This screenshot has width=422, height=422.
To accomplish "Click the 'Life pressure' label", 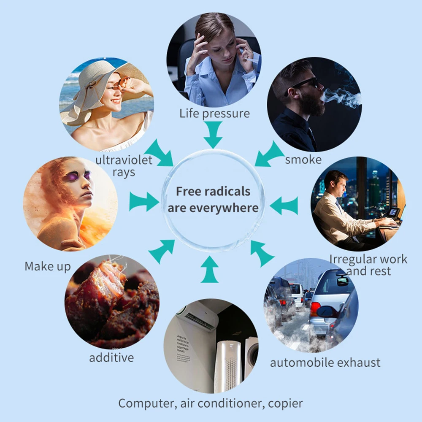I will click(214, 113).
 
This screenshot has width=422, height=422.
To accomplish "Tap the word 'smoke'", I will click(303, 160).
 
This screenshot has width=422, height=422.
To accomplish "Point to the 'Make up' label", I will click(48, 267).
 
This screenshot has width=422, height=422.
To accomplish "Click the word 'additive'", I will click(111, 358).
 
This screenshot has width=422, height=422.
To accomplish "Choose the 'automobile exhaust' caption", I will click(325, 362).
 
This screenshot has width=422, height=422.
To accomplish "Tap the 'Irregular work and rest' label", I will click(368, 265).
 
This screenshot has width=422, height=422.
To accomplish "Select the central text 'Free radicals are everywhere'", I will click(213, 199).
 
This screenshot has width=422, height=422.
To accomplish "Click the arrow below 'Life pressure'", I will click(213, 134).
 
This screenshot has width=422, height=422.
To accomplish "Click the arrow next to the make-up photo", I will click(143, 201).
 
